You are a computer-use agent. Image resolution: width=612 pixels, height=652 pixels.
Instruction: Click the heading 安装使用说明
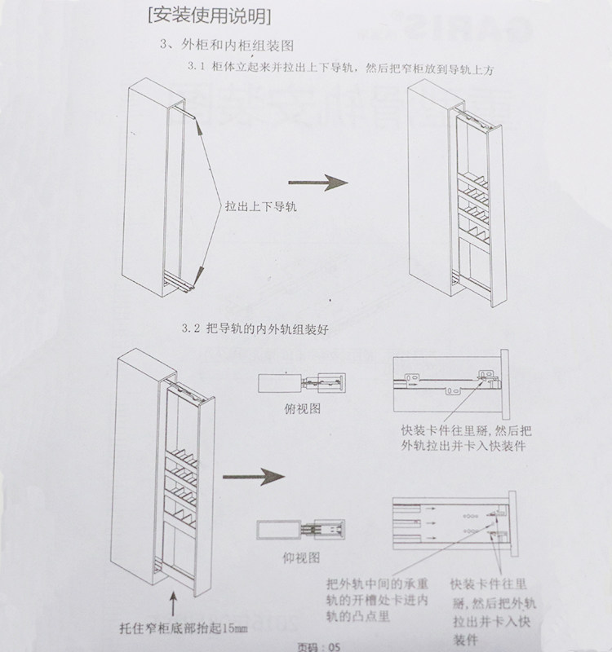point(206,15)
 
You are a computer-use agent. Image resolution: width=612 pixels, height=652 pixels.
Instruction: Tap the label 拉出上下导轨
point(261,207)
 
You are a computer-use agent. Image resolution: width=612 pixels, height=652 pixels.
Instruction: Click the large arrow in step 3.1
point(318,183)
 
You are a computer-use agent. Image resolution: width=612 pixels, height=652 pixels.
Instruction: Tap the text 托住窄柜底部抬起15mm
point(181,628)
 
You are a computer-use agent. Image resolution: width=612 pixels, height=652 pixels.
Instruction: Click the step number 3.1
point(197,70)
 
